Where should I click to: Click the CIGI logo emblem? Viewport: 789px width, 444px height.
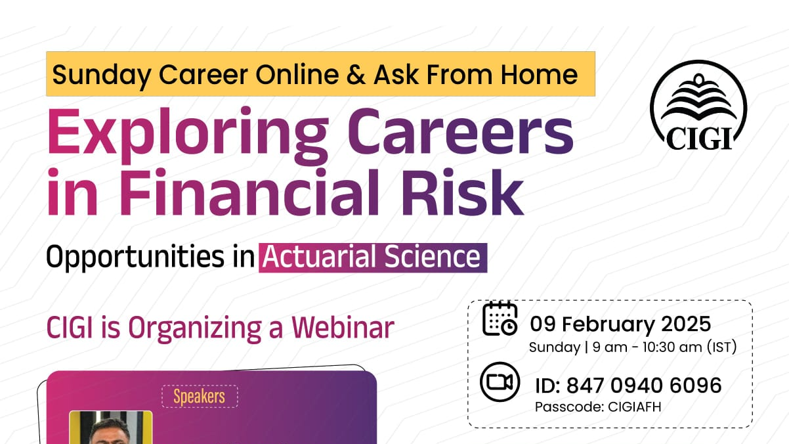click(698, 105)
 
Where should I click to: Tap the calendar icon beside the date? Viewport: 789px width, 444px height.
click(500, 319)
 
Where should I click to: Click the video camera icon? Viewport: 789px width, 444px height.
click(500, 382)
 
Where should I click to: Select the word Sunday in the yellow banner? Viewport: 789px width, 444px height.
click(102, 76)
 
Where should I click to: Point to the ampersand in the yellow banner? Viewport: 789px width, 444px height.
click(356, 75)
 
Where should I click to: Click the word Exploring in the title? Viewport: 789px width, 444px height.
click(188, 136)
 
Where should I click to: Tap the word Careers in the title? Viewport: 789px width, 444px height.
click(461, 132)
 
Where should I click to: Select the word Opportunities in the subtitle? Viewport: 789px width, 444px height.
click(135, 257)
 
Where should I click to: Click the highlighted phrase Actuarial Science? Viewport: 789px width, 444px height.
click(373, 257)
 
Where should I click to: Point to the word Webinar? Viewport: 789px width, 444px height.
click(343, 328)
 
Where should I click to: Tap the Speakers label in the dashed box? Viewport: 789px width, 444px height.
click(200, 397)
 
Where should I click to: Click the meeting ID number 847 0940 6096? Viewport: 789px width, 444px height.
click(644, 385)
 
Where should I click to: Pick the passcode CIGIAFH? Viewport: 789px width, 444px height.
click(634, 407)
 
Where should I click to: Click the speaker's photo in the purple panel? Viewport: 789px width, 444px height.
click(111, 428)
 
